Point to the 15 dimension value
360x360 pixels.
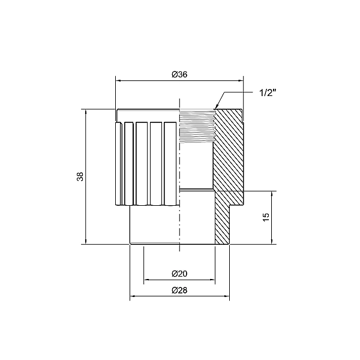tap(266, 217)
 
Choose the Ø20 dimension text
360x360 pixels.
tap(179, 274)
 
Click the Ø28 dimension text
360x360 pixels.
tap(179, 290)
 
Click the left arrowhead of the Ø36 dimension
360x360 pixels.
tap(118, 80)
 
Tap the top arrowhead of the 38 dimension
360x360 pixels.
tap(86, 112)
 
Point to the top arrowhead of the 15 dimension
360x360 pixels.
tap(272, 194)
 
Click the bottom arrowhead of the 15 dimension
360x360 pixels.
tap(272, 241)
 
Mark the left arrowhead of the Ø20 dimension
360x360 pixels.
tap(147, 279)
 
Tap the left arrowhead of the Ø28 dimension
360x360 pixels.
tap(133, 296)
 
